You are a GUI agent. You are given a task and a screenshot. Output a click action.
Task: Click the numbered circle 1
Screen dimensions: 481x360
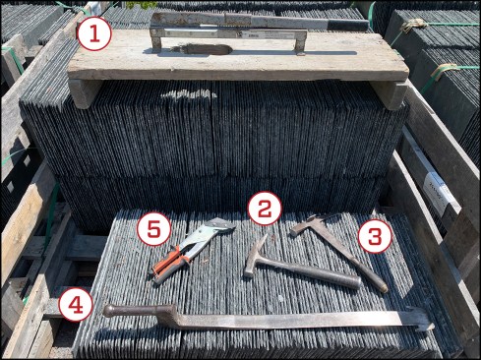click(x=94, y=33)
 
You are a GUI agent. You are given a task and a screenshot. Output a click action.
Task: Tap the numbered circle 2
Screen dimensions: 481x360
click(x=265, y=209)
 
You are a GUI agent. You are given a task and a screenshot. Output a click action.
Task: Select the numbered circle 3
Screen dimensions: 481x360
click(x=375, y=236)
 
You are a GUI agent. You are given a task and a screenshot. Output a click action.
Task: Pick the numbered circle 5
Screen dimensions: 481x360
click(x=153, y=229)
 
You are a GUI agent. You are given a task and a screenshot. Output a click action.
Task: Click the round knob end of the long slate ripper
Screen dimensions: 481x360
click(x=110, y=311)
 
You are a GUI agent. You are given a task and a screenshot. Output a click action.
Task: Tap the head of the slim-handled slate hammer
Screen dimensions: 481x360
click(x=308, y=223)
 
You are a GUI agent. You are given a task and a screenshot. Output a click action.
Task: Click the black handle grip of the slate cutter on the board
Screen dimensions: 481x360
click(x=348, y=25)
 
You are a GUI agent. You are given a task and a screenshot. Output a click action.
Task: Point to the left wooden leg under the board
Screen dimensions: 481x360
click(x=83, y=93)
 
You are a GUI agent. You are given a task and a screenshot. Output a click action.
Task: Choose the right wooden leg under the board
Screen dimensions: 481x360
click(x=390, y=95)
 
